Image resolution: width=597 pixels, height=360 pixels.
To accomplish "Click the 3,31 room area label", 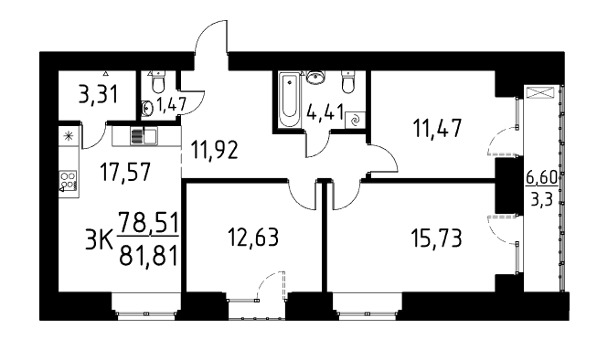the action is coord(98,94).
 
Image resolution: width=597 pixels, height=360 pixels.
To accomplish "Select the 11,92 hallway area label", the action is coord(215,150).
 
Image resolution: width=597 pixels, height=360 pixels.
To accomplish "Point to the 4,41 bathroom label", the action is coord(325,112).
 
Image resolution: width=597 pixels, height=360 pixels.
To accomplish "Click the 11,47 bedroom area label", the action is coord(438,128).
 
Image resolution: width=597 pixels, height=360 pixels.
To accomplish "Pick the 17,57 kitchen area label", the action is coord(125,172).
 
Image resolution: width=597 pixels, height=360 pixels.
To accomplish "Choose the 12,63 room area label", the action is coord(253,237).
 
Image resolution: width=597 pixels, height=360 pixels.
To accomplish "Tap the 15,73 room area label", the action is coord(436,238).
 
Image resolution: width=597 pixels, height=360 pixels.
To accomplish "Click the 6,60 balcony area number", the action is coord(541,177).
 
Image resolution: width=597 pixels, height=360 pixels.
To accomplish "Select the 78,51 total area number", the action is coord(148,223).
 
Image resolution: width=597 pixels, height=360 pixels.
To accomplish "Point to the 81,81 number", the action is coord(148,255).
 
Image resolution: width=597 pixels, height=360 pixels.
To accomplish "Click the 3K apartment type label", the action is coord(98,241).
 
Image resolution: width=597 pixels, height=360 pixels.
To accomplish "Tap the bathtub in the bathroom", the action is coord(289,100).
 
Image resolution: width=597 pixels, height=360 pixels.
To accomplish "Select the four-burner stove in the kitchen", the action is coord(69,181).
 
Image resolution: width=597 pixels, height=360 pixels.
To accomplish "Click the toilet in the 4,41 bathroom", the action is coord(348,83).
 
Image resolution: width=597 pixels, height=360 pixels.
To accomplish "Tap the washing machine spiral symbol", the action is coord(355,121).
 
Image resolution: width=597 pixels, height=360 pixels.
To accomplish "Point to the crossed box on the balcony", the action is coord(540,93).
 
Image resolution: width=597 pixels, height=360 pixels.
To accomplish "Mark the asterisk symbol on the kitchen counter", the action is coord(69,136).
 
